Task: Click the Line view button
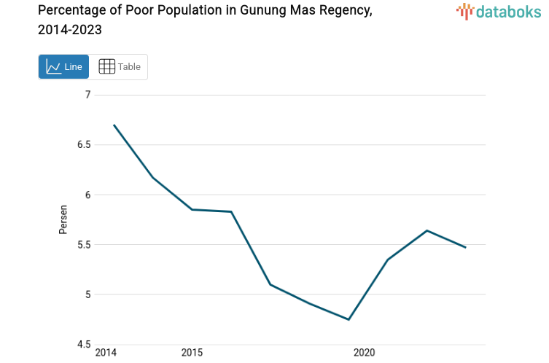coord(63,67)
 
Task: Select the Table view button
coord(119,67)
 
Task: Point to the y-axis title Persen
coord(63,219)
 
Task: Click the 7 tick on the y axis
coord(87,95)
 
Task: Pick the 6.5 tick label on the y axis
coord(83,144)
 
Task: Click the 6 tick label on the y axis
coord(87,195)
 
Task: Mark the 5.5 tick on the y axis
coord(83,245)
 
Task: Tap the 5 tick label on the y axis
coord(87,294)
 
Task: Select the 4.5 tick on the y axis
coord(83,345)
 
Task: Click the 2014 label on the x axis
coord(106,353)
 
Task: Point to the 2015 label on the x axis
coord(192,353)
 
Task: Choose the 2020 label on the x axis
coord(364,353)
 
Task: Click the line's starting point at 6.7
coord(114,125)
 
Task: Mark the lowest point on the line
coord(349,319)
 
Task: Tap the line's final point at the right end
coord(465,247)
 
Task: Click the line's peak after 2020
coord(427,230)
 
